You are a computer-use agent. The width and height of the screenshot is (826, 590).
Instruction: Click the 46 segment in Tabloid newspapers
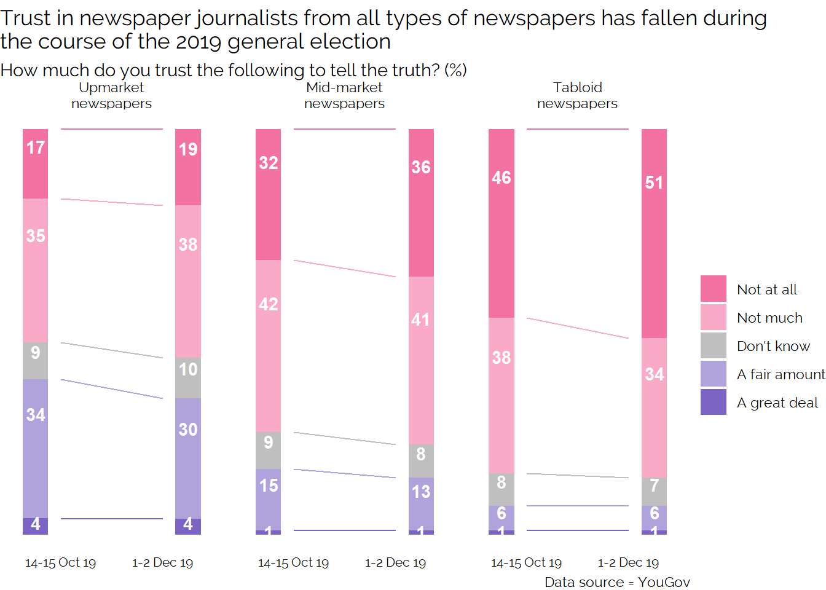(x=501, y=223)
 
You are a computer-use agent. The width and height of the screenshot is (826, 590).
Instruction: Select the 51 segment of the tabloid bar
(x=654, y=234)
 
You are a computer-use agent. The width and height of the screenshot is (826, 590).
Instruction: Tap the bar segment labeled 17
(x=35, y=163)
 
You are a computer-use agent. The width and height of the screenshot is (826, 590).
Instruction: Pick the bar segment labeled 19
(x=188, y=167)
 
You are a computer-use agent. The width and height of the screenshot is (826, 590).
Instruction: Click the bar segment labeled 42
(x=268, y=346)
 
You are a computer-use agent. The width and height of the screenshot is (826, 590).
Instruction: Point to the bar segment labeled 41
(x=421, y=360)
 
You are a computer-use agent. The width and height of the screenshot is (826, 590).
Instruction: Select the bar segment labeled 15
(x=268, y=499)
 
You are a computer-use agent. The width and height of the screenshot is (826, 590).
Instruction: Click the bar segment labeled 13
(x=421, y=503)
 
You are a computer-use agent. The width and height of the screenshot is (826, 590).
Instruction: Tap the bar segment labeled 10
(x=188, y=377)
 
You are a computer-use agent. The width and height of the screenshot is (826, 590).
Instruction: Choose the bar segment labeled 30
(x=188, y=458)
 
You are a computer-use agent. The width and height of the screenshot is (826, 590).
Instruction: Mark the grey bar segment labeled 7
(x=654, y=491)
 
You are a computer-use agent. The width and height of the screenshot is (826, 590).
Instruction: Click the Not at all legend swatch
(x=713, y=289)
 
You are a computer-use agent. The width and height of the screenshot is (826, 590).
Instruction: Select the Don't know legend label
(x=773, y=346)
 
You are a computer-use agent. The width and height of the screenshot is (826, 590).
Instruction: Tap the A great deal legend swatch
(x=713, y=402)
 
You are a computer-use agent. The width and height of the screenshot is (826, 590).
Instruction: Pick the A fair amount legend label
(x=781, y=374)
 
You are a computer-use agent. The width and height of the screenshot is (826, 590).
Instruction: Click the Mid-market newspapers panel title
(x=344, y=95)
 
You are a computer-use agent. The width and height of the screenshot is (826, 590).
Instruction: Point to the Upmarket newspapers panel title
(x=111, y=95)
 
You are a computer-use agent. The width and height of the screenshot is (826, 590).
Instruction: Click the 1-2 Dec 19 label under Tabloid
(x=628, y=562)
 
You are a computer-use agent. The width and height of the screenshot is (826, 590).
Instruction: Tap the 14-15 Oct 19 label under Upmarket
(x=60, y=562)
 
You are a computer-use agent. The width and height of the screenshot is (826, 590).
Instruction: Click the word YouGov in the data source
(x=664, y=582)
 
